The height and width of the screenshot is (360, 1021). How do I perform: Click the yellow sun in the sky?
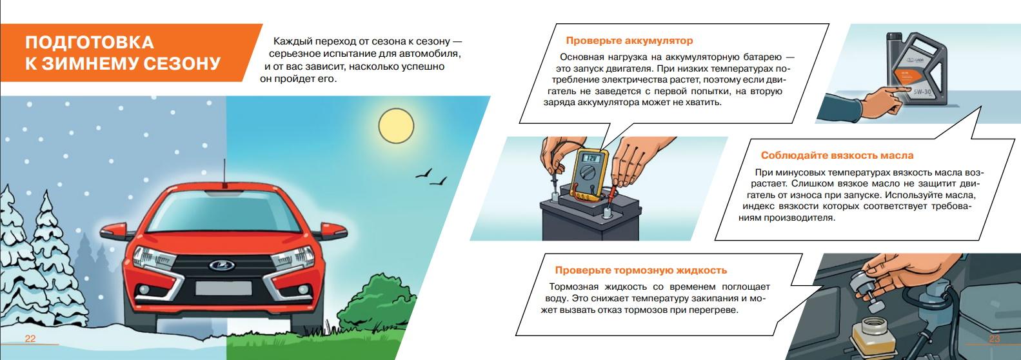coord(396,126)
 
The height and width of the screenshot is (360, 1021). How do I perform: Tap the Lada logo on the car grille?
coord(222,265)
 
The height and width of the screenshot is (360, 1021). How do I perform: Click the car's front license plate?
coord(223,288)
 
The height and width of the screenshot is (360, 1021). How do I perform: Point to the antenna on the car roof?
coord(224,173)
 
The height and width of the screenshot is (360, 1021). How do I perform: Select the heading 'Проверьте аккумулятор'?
coord(629,41)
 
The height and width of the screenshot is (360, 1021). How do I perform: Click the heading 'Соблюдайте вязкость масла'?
coord(837,155)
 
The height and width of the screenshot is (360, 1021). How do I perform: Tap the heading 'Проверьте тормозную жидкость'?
coord(640,270)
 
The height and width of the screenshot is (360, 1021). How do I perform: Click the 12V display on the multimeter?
coord(591,158)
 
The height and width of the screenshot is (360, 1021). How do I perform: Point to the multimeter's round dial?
coord(588,175)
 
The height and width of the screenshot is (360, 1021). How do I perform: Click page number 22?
coord(30,339)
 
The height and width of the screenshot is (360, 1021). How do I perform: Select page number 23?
coord(994,339)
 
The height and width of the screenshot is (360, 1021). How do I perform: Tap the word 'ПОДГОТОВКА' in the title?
coord(90,43)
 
